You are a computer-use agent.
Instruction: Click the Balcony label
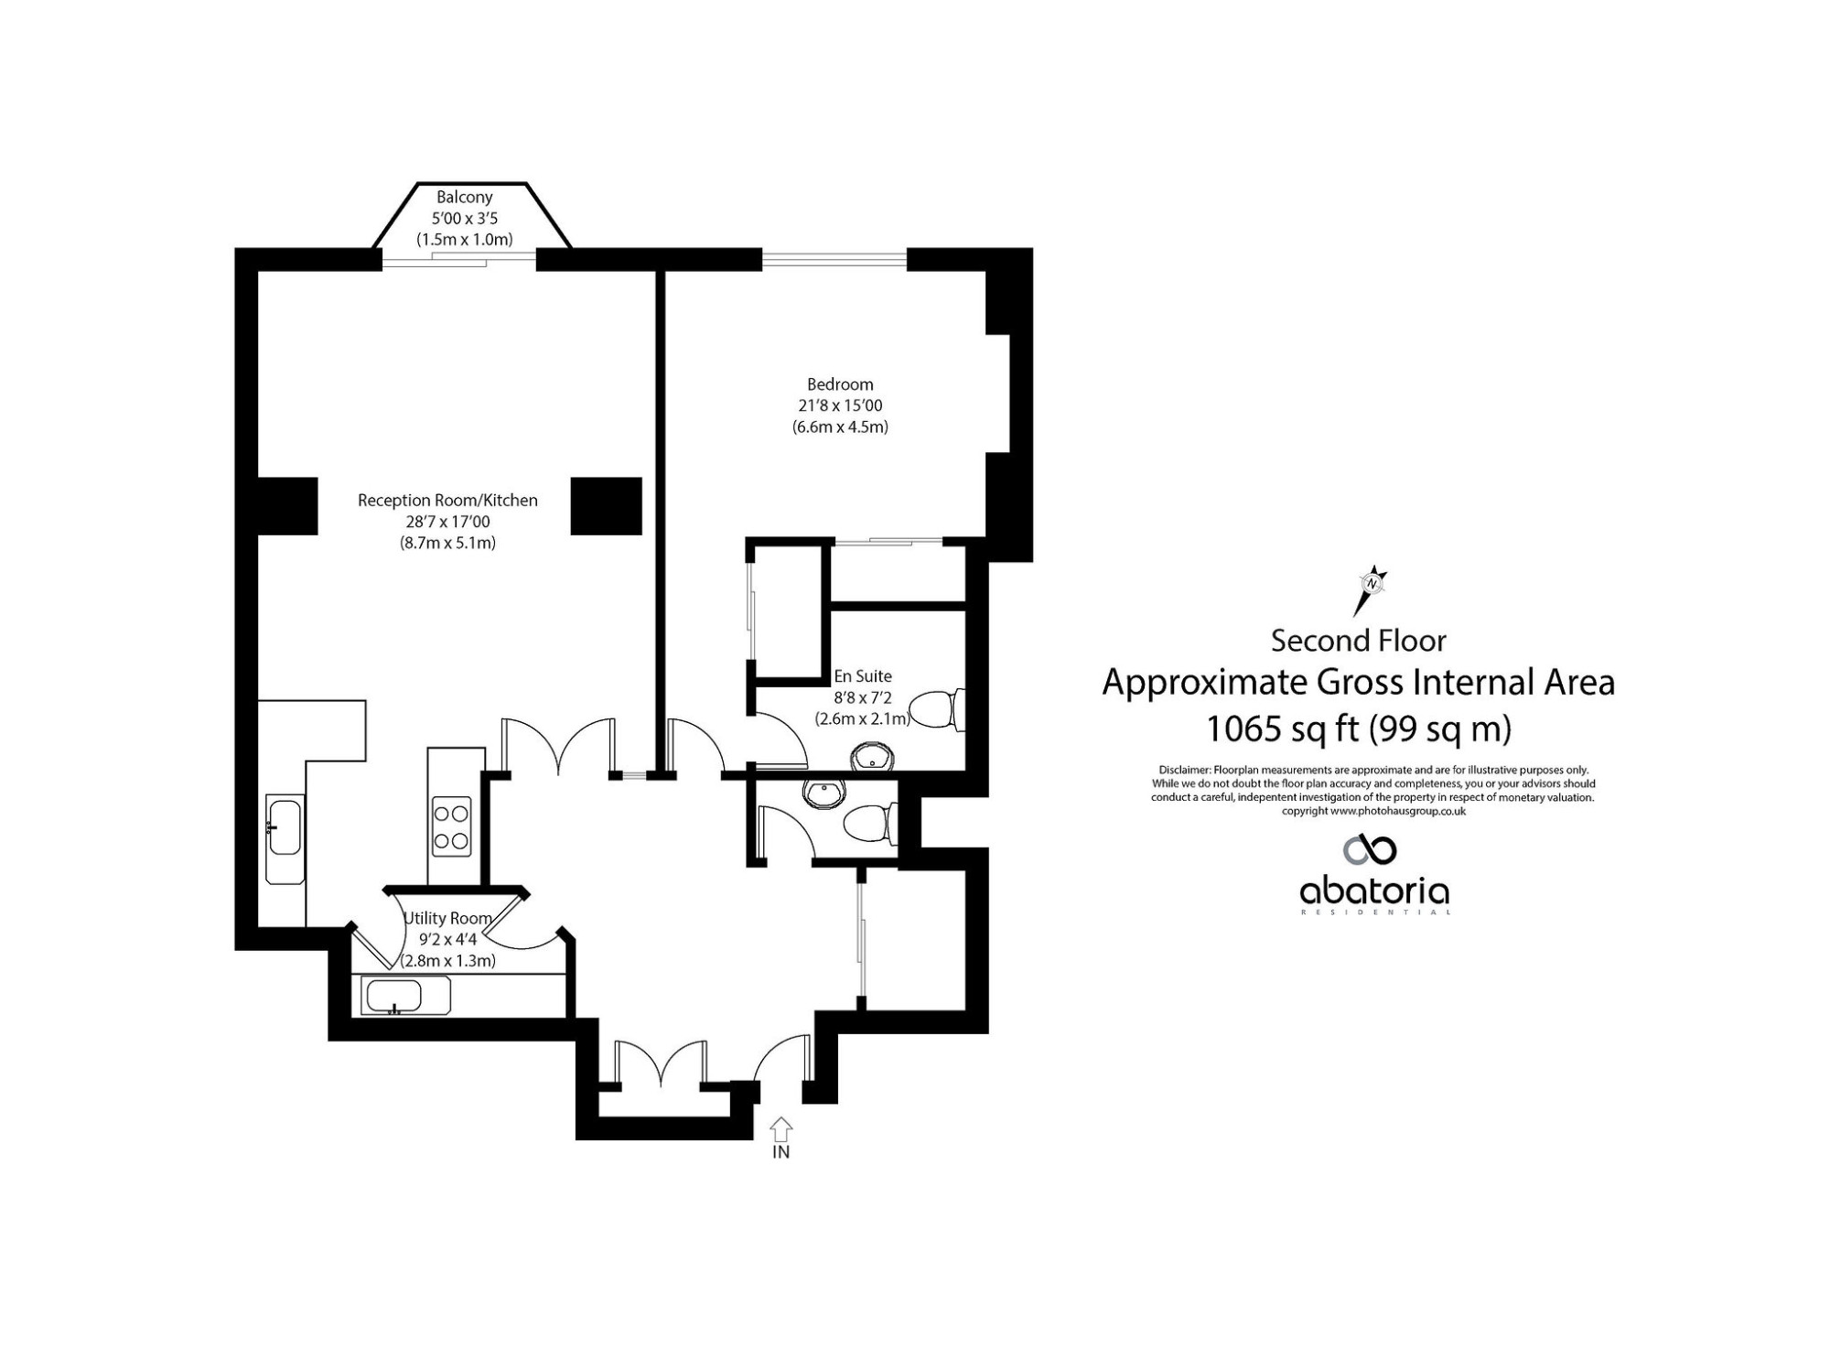click(x=464, y=197)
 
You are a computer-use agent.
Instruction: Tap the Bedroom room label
click(x=840, y=384)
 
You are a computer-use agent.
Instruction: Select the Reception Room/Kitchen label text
click(x=447, y=501)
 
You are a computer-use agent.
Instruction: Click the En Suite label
click(x=862, y=676)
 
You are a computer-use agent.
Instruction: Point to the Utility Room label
click(x=448, y=918)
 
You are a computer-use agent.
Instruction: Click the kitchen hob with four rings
click(x=451, y=826)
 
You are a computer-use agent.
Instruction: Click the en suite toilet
click(x=936, y=709)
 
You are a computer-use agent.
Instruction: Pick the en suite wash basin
click(x=873, y=758)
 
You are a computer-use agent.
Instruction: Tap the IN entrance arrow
click(x=780, y=1128)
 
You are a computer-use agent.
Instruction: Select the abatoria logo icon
click(x=1370, y=849)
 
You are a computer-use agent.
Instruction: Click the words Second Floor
click(x=1358, y=641)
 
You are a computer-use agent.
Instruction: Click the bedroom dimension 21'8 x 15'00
click(x=840, y=405)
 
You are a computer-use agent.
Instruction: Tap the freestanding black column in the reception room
click(x=607, y=506)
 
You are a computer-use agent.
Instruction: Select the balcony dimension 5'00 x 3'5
click(x=464, y=219)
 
